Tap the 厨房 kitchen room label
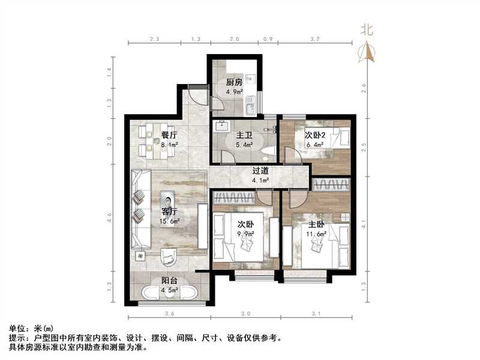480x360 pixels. (x=235, y=83)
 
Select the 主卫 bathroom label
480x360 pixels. (x=243, y=136)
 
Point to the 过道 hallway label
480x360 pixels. (x=260, y=170)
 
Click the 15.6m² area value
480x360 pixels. (x=169, y=221)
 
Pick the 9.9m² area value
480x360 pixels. (x=245, y=234)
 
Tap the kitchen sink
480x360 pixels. (x=250, y=106)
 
